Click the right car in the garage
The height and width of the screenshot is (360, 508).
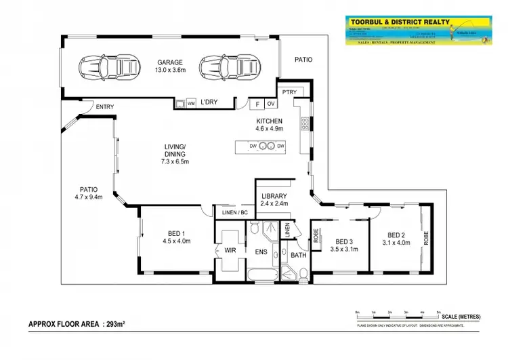pos(216,67)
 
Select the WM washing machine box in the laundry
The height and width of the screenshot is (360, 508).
pos(191,103)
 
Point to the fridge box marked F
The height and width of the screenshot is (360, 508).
pos(257,104)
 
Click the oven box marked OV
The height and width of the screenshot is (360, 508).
pos(271,104)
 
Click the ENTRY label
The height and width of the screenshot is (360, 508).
pos(104,106)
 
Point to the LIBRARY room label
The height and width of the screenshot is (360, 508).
pos(274,196)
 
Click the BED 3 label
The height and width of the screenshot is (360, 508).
pos(344,241)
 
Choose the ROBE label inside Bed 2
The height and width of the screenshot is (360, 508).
pos(426,238)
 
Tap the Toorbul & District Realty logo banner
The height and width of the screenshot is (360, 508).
pos(417,31)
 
